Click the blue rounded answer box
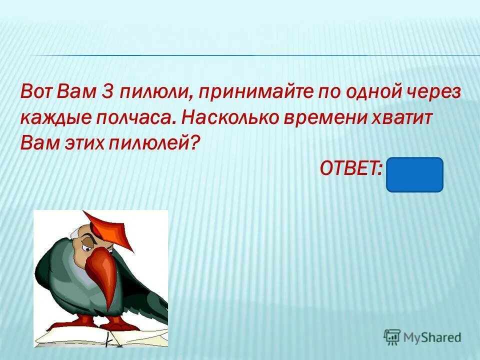(x=414, y=174)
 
